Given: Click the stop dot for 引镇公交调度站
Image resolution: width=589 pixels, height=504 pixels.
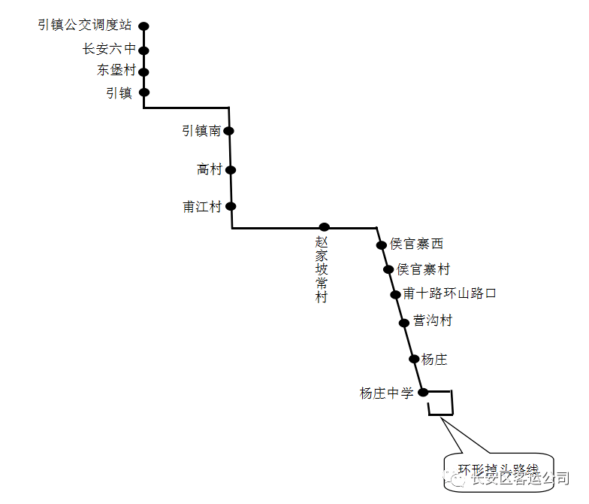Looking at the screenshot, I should point(144,26).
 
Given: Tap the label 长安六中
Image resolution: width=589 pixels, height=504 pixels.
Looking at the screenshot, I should point(109,50).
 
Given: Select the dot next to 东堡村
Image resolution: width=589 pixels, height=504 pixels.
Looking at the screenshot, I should point(144,72).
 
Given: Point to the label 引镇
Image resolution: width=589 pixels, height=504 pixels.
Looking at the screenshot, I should point(119,93).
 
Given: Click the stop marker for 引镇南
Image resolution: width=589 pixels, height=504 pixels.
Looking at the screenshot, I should point(229,131).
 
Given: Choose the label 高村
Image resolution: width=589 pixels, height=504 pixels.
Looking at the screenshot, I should point(210,170).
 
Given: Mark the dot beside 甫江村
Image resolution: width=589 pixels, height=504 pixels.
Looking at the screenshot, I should point(231,206).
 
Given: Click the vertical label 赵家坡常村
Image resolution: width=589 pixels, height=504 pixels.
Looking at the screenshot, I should point(322,271).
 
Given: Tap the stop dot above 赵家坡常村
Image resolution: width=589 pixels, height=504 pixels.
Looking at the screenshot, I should point(325,227).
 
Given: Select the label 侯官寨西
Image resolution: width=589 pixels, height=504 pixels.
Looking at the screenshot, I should point(416,244).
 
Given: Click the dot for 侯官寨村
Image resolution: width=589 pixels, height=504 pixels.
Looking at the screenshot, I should point(388,269).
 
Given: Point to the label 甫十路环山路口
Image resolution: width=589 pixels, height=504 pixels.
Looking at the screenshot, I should point(449,293).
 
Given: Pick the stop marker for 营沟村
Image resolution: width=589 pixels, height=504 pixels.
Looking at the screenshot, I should point(404,323).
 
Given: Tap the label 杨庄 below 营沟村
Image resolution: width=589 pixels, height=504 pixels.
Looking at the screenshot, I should point(434,360).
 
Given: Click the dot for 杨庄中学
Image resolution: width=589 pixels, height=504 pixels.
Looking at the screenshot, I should point(423,392).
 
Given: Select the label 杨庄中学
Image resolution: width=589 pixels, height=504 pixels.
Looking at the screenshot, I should point(387,393).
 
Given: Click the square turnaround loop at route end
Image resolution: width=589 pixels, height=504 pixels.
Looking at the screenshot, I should point(441,403).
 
